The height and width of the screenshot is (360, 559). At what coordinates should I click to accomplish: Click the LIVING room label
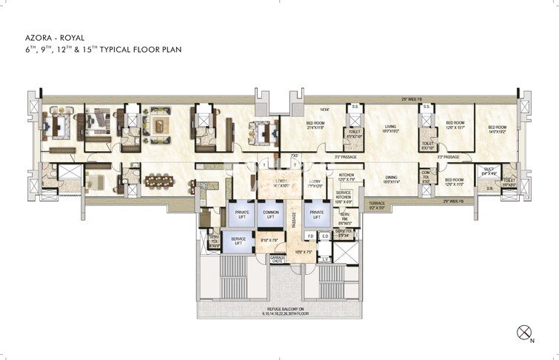(x=390, y=129)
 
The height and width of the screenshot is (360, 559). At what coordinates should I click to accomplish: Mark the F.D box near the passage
(x=311, y=236)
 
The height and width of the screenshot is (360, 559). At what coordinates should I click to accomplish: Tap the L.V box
(x=325, y=259)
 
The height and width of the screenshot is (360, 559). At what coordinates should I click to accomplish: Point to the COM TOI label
(x=426, y=179)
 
